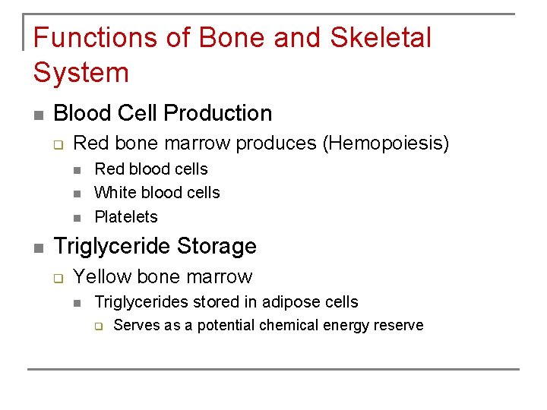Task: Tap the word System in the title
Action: [x=81, y=73]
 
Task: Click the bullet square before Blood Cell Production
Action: [x=38, y=115]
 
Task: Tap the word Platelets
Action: [x=126, y=217]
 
